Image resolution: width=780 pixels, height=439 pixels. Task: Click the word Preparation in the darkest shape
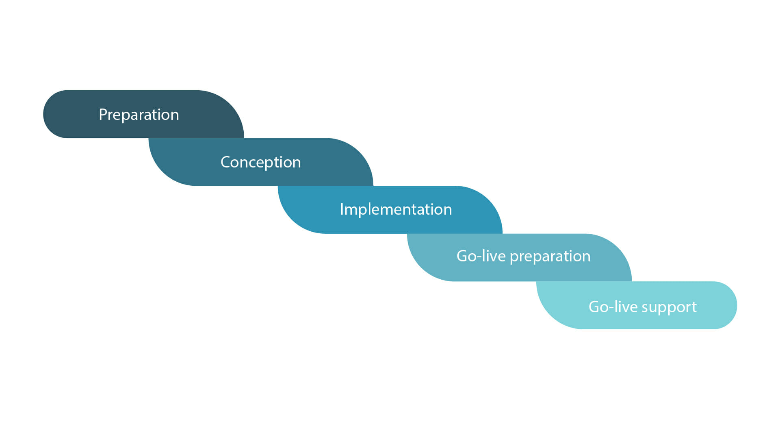139,115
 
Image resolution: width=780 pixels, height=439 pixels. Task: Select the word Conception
261,163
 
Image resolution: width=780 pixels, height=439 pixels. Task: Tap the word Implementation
396,210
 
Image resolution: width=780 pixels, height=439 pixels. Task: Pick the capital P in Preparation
103,115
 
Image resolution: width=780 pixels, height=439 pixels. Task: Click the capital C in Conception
225,162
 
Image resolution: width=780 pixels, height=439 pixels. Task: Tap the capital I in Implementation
342,209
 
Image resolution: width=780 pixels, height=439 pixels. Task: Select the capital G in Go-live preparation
462,256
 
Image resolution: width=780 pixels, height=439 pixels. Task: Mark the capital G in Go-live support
594,307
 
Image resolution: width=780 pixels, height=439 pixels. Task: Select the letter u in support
654,309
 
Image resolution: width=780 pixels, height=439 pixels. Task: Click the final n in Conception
297,164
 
